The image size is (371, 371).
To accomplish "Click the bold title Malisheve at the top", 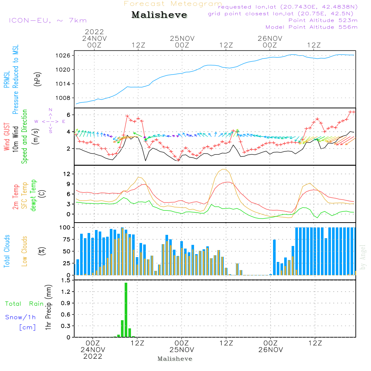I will [x=160, y=15].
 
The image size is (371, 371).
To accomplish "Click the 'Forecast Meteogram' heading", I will [x=173, y=4].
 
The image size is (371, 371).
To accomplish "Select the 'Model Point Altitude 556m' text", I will [x=312, y=27].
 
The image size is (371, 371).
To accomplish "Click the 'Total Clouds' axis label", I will [x=7, y=251].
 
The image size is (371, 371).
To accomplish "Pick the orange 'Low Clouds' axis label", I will [x=25, y=251].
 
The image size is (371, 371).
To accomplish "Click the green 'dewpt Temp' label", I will [x=34, y=196].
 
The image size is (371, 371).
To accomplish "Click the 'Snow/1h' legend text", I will [x=20, y=318].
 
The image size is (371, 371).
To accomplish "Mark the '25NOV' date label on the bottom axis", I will [x=182, y=350].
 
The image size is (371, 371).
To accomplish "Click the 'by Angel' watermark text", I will [x=363, y=257].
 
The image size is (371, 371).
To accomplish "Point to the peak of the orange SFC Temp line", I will [x=224, y=169].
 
